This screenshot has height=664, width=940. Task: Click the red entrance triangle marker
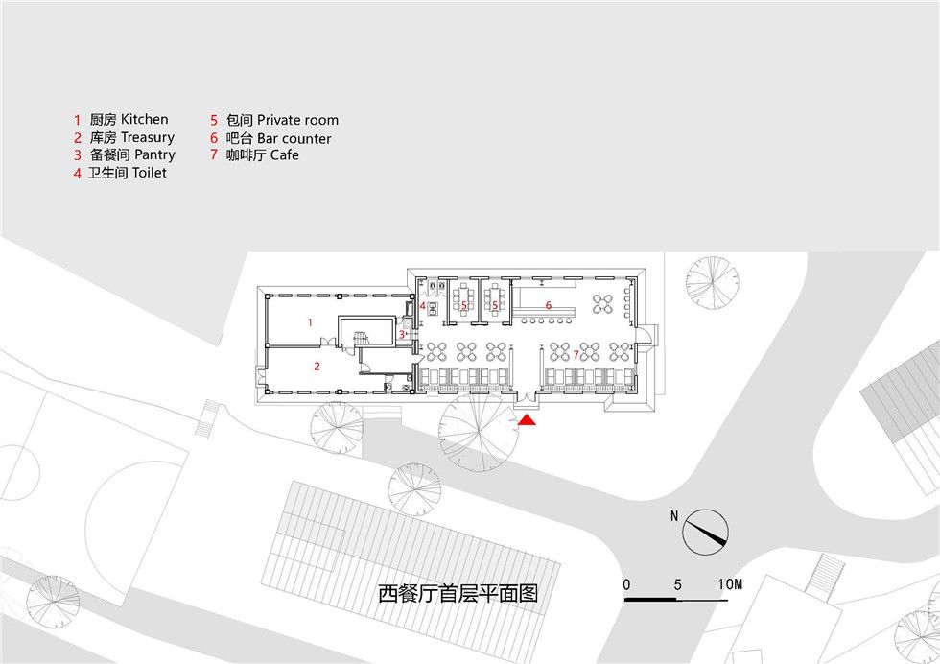pyautogui.click(x=527, y=420)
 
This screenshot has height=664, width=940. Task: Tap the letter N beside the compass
pyautogui.click(x=674, y=516)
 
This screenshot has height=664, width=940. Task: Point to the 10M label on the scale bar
pyautogui.click(x=730, y=583)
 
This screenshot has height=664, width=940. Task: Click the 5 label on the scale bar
pyautogui.click(x=677, y=584)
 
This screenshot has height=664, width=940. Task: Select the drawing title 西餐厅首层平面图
pyautogui.click(x=458, y=594)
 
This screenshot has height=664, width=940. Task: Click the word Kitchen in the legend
pyautogui.click(x=145, y=119)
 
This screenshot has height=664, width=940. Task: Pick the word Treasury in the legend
pyautogui.click(x=148, y=137)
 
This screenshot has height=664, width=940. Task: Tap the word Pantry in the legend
pyautogui.click(x=154, y=154)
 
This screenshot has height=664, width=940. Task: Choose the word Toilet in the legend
pyautogui.click(x=150, y=173)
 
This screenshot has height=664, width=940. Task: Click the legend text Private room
pyautogui.click(x=298, y=120)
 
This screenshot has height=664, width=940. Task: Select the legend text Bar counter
pyautogui.click(x=294, y=138)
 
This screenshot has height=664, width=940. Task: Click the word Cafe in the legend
pyautogui.click(x=285, y=154)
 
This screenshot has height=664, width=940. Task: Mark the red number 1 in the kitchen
pyautogui.click(x=310, y=322)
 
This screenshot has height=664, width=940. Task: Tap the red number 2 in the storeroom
pyautogui.click(x=317, y=366)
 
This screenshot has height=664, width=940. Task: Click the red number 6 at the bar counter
pyautogui.click(x=548, y=305)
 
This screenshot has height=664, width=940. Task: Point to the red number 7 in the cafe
pyautogui.click(x=576, y=354)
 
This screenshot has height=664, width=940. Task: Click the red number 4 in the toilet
pyautogui.click(x=422, y=306)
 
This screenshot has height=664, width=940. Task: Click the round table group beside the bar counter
pyautogui.click(x=602, y=303)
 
